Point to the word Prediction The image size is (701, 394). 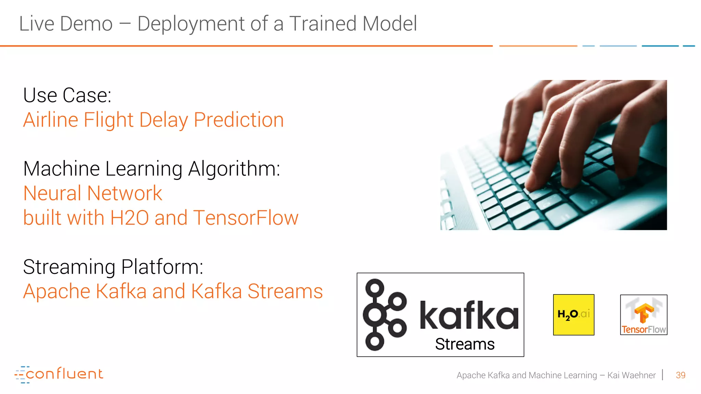(239, 120)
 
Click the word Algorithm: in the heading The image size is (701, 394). (234, 169)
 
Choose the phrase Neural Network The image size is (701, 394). (92, 193)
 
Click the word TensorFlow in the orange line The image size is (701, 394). (245, 218)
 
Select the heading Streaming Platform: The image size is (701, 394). (113, 267)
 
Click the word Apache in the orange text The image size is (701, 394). (57, 291)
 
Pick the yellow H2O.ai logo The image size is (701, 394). (574, 315)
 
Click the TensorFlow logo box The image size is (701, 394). (643, 315)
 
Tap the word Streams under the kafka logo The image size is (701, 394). (464, 344)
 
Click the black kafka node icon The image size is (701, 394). (384, 315)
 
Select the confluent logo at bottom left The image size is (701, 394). (59, 374)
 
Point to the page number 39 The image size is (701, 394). (680, 375)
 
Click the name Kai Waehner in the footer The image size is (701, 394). (631, 375)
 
